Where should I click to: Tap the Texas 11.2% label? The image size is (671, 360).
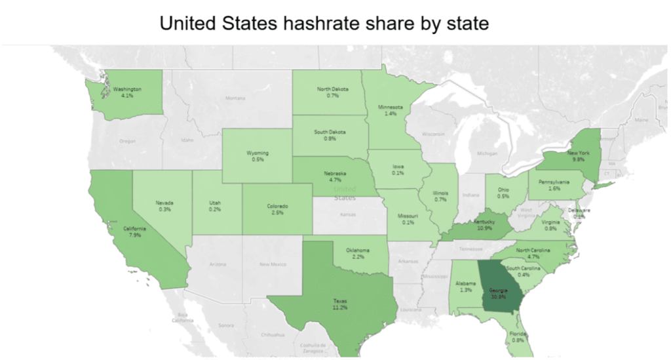(x=339, y=304)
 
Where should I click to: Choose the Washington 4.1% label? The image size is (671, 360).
(x=127, y=92)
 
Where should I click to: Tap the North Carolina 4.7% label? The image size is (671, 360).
(x=533, y=254)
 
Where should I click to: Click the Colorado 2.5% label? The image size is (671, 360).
(x=277, y=209)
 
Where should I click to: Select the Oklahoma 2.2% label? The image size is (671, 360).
(x=357, y=253)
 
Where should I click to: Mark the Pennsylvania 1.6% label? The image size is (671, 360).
(x=554, y=184)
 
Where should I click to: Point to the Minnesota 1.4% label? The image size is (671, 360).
(x=390, y=110)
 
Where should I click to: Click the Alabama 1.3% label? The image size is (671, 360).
(x=466, y=286)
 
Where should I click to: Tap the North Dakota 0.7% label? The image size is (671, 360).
(x=332, y=92)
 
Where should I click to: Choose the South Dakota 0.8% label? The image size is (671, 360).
(x=330, y=135)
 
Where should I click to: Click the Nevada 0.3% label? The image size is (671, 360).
(x=164, y=206)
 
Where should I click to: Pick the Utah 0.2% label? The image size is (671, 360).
(x=215, y=206)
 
